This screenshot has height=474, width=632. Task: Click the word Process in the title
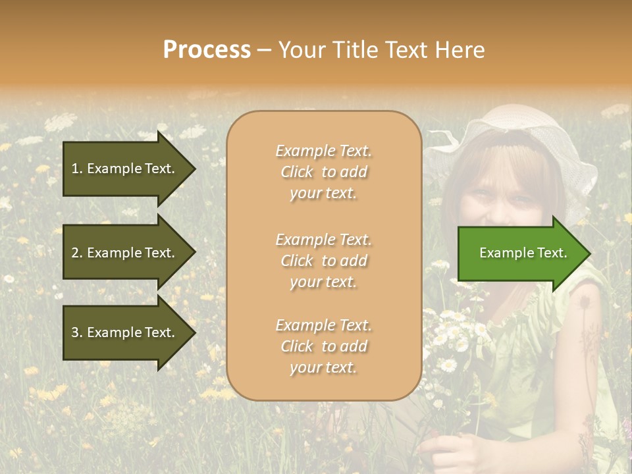[x=207, y=50]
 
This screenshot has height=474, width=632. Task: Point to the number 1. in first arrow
[x=77, y=169]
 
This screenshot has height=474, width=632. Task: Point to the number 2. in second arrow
[x=77, y=253]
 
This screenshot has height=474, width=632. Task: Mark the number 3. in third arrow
[x=77, y=332]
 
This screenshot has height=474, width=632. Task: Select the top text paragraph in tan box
[x=324, y=172]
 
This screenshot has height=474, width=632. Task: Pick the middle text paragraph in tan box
[x=324, y=261]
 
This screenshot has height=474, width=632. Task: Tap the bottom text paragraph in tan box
[x=324, y=346]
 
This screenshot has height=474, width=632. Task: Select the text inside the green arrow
[x=523, y=253]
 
